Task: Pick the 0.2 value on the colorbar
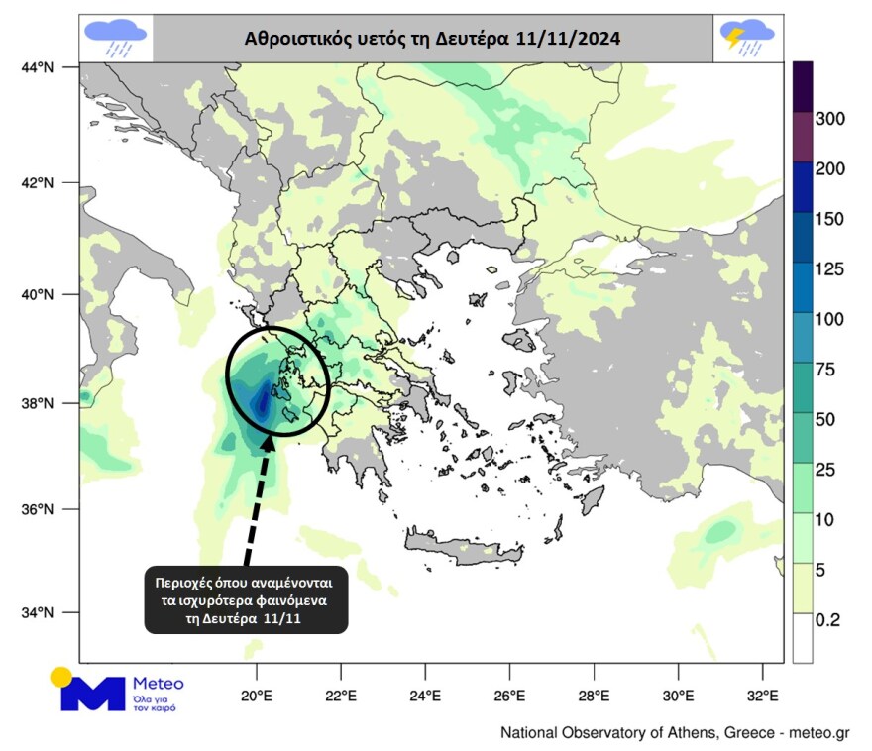[827, 620]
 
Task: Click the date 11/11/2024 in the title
[569, 40]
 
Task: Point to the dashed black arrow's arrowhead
[270, 442]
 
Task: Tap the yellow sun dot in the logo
[61, 678]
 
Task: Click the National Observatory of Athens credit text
[675, 734]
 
